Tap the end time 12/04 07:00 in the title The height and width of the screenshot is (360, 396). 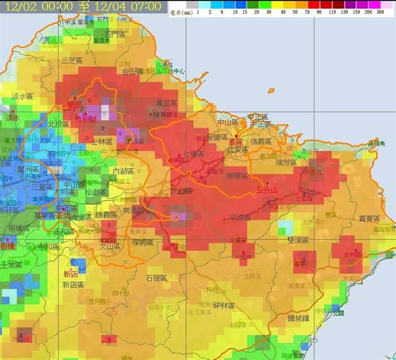[133, 7]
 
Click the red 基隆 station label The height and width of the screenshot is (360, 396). [241, 137]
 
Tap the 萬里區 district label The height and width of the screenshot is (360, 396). [164, 103]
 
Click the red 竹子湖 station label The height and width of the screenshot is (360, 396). [86, 119]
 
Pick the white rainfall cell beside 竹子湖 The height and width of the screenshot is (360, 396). [106, 111]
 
